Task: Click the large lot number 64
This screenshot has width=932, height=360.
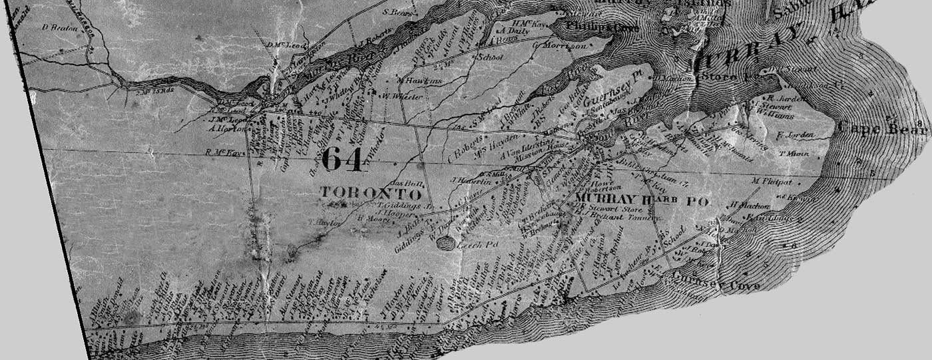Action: tap(342, 160)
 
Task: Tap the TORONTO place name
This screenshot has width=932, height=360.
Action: tap(371, 194)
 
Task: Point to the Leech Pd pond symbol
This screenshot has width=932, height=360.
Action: tap(446, 244)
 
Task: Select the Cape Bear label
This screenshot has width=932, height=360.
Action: tap(882, 128)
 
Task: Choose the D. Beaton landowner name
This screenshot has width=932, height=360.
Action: tap(60, 28)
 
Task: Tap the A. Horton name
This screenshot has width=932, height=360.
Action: tap(228, 128)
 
